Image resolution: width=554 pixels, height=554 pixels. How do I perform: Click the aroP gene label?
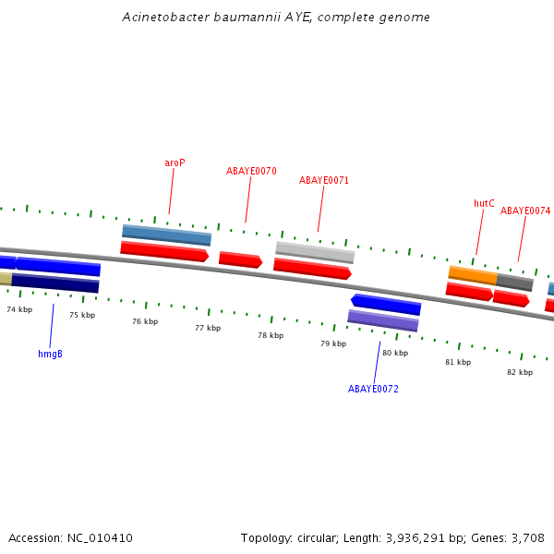coord(175,163)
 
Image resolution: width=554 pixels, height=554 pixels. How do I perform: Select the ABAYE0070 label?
coord(251,171)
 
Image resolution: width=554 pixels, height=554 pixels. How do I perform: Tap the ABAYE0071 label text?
coord(324,180)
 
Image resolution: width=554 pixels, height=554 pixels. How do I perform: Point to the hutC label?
coord(484,203)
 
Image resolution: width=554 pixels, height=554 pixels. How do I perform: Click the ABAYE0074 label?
coord(525,211)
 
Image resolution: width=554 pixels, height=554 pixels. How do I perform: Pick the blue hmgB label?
coord(50,354)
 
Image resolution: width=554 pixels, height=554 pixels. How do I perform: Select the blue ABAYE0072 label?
coord(373,389)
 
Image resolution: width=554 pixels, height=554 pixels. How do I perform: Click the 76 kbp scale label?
coord(145,321)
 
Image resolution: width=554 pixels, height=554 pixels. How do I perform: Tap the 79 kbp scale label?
coord(333,343)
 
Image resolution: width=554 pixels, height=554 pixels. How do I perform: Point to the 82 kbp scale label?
coord(519,372)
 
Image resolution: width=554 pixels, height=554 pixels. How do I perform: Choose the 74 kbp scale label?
coord(19,309)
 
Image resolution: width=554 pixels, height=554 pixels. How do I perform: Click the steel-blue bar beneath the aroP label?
coord(166,235)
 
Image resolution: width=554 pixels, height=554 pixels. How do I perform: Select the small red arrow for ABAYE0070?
coord(240,259)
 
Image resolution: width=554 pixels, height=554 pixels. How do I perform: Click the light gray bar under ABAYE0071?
coord(315,251)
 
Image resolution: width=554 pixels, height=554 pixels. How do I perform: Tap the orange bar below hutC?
coord(472,273)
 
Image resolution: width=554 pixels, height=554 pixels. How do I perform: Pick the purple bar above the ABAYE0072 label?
coord(382,320)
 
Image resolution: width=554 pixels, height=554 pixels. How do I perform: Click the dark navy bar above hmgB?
coord(55,283)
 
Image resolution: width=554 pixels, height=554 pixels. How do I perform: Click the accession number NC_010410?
coord(100,537)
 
